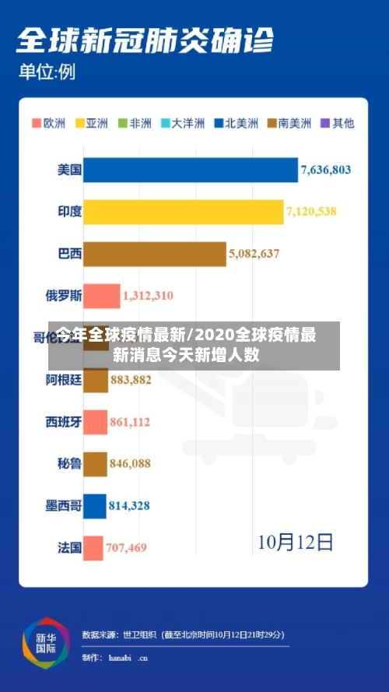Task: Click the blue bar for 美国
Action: tap(190, 170)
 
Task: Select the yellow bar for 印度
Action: tap(183, 212)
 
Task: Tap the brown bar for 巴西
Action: tap(154, 254)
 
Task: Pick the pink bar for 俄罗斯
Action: tap(101, 296)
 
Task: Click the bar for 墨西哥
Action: tap(94, 506)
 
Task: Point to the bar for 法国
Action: tap(93, 548)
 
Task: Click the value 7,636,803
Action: tap(326, 170)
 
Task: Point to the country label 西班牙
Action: tap(63, 422)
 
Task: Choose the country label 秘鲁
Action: tap(69, 464)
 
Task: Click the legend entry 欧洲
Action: tap(48, 123)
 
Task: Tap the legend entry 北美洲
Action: tap(237, 123)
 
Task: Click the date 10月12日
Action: tap(296, 540)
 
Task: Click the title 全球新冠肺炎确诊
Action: tap(144, 40)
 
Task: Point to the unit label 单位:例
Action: tap(47, 74)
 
